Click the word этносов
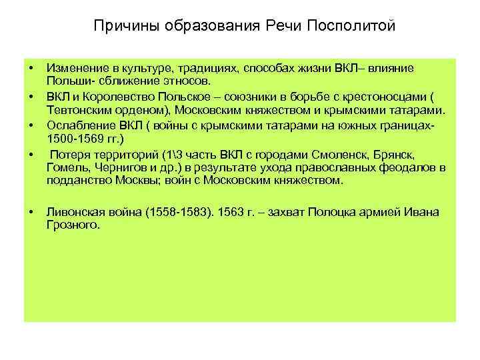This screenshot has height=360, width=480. tap(189, 81)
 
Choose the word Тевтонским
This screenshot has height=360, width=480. tap(75, 110)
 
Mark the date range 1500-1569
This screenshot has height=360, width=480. tap(75, 138)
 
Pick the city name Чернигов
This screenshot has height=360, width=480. tap(117, 167)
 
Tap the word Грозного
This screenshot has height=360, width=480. tap(73, 225)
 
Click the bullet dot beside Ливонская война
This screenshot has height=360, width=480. tap(31, 213)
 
